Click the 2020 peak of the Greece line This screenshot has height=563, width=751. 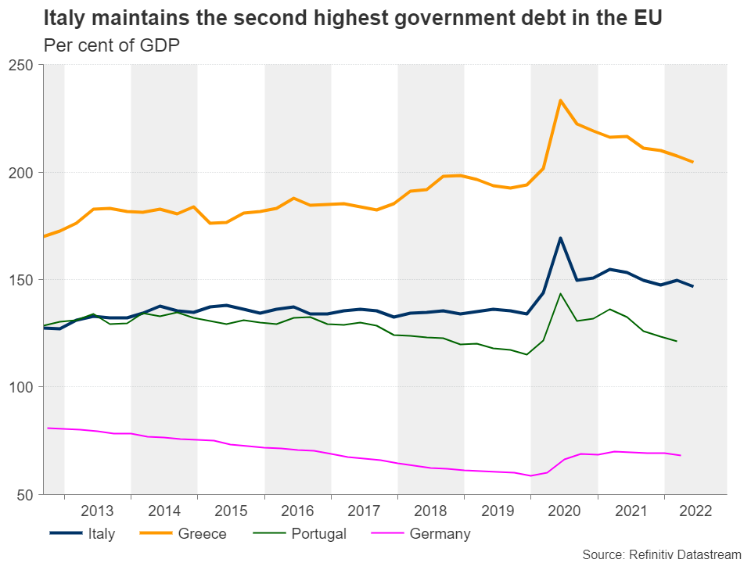(x=560, y=100)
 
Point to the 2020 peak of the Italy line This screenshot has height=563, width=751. (x=560, y=238)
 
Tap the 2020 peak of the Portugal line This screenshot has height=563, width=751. (x=560, y=294)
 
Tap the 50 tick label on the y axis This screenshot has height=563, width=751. (x=25, y=494)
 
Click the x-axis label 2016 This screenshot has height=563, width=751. (x=298, y=511)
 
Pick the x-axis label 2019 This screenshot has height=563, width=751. (x=498, y=511)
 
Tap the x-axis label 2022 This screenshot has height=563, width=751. (x=696, y=511)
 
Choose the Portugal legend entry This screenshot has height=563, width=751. (x=318, y=534)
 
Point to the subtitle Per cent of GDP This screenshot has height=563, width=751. (x=112, y=45)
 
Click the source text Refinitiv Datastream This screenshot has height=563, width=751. (x=661, y=554)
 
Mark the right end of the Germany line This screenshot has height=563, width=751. (x=680, y=455)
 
